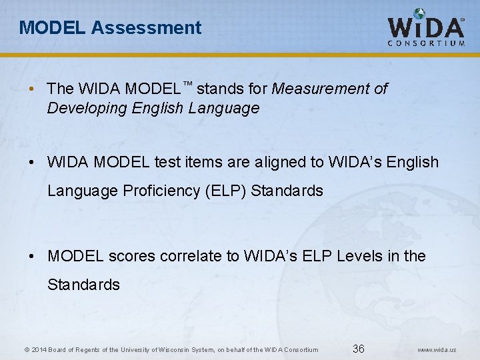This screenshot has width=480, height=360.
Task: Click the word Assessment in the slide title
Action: point(146,27)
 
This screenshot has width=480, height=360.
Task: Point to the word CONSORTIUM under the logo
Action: point(426,43)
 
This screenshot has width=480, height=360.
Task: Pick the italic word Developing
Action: point(79,108)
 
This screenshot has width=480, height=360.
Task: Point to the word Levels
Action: point(361,256)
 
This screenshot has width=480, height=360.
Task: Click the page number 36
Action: point(358,349)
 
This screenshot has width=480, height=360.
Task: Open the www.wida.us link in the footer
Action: point(436,349)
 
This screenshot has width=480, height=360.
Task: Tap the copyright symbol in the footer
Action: point(26,349)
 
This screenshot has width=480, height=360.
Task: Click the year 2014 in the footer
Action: point(38,349)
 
